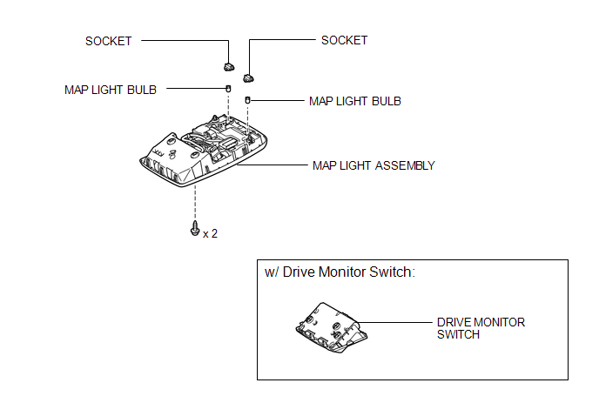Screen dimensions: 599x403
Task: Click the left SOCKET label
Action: point(109,41)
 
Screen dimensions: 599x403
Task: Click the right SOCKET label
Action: point(344,41)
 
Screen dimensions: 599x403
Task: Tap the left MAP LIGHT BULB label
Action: point(111,90)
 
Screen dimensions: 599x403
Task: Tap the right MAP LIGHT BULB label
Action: point(355,101)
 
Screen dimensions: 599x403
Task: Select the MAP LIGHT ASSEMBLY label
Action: point(374,165)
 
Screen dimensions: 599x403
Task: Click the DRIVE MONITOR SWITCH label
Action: point(481,328)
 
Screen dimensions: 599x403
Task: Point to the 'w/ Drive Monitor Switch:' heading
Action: point(340,272)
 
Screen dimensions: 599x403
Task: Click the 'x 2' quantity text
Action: point(210,233)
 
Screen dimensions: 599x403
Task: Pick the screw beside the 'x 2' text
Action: point(195,228)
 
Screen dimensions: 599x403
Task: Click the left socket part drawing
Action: point(229,67)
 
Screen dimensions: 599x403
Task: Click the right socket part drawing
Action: point(248,78)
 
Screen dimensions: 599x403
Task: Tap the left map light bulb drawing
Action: point(228,89)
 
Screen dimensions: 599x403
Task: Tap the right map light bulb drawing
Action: point(247,100)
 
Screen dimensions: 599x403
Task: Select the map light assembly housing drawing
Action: point(203,151)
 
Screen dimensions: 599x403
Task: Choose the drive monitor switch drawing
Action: point(332,327)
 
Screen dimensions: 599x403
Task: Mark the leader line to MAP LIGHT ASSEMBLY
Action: point(273,165)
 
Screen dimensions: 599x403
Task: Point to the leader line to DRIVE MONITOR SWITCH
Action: point(394,322)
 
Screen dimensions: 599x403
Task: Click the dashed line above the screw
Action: point(195,203)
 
